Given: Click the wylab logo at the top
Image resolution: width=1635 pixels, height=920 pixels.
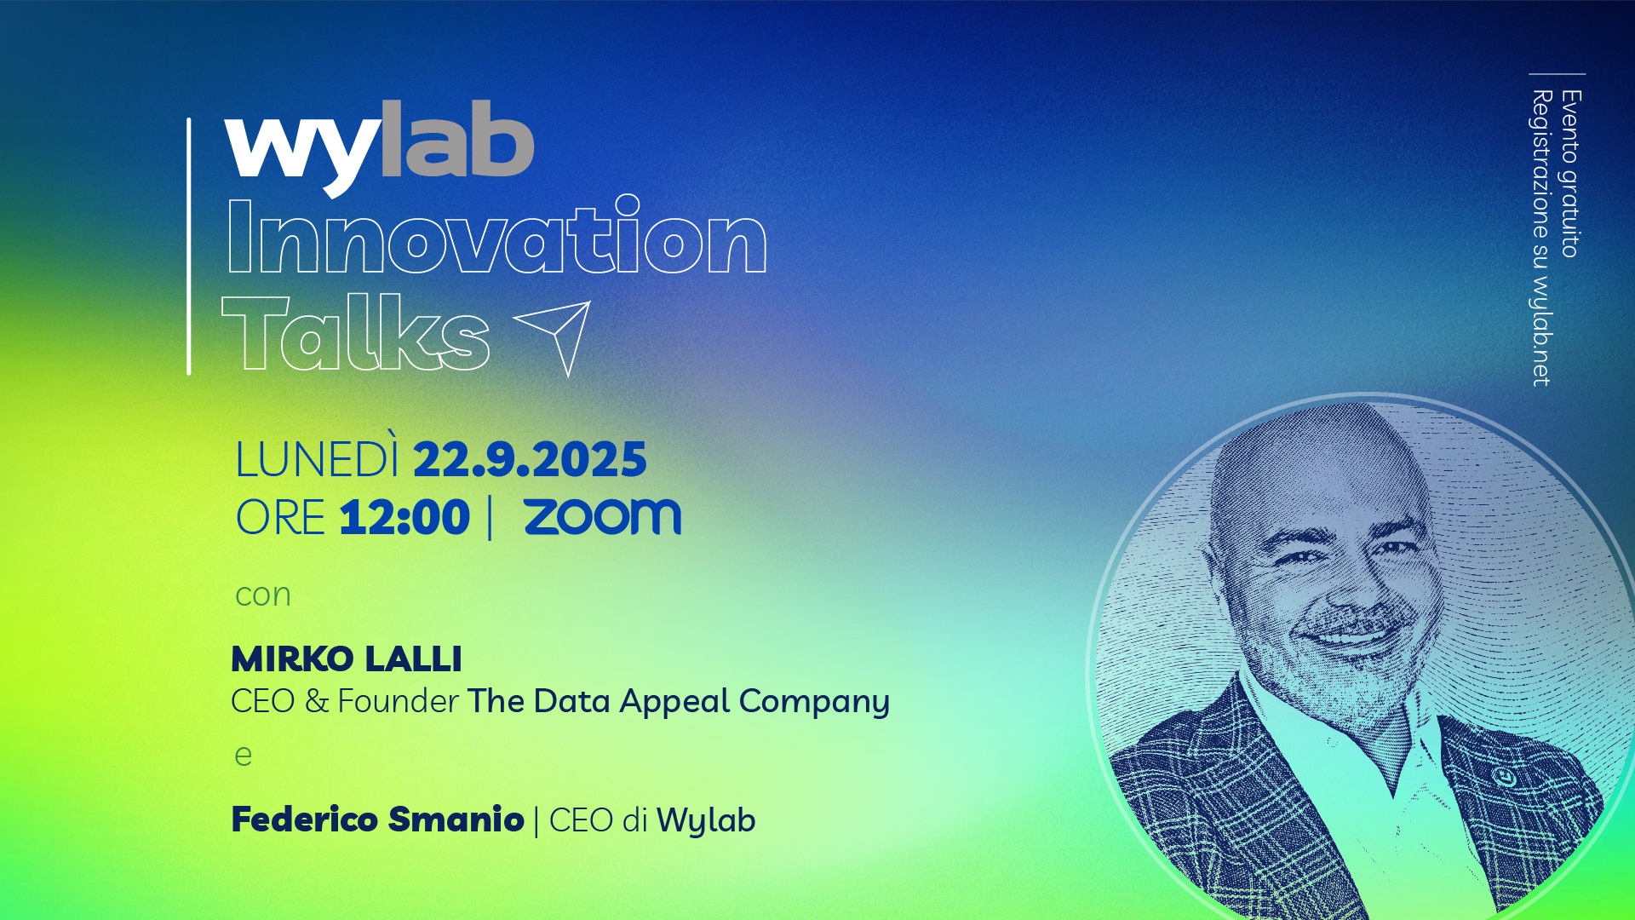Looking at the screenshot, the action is [379, 147].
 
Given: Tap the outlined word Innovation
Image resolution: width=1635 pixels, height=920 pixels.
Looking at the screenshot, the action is [496, 236].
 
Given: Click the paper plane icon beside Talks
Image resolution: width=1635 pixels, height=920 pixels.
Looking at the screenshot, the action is [554, 338].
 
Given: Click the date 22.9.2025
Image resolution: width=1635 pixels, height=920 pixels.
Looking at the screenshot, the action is [530, 460].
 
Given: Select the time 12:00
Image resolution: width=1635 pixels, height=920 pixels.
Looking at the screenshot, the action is [404, 517].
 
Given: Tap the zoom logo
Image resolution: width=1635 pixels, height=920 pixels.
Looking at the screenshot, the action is [603, 517].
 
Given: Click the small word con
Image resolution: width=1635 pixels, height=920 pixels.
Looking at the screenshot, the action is [263, 595].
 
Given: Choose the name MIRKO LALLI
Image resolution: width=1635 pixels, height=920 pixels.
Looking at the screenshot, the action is [347, 658].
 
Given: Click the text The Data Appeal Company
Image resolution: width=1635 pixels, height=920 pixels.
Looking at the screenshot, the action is [679, 702].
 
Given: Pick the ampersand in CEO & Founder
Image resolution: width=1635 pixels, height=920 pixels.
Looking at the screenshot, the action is [317, 701].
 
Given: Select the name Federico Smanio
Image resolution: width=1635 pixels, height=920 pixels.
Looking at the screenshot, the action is [377, 819].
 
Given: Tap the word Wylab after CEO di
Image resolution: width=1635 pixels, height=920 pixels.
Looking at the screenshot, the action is [706, 820].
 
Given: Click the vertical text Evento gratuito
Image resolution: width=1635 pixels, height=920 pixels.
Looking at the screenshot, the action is [1570, 174].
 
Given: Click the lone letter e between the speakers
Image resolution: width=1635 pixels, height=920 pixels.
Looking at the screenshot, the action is [244, 756].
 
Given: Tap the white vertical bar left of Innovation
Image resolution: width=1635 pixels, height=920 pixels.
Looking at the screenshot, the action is [189, 246].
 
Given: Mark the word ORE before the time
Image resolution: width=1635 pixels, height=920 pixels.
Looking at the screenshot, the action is [280, 517].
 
